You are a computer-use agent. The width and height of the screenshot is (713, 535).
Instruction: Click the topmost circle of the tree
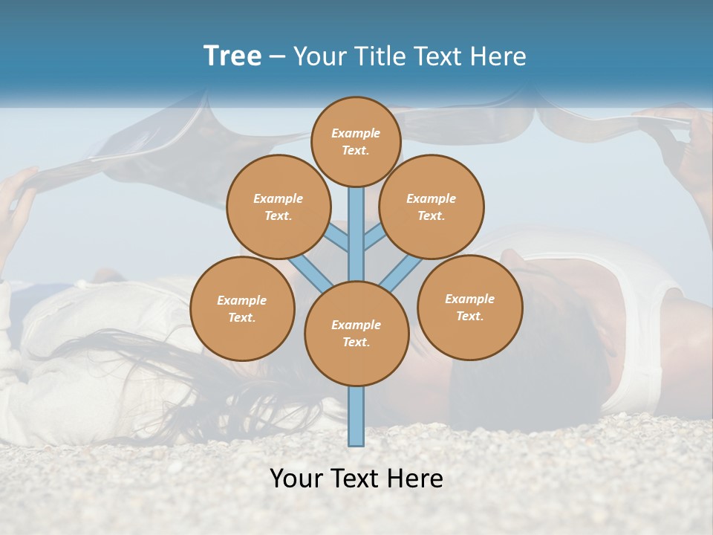pos(356,141)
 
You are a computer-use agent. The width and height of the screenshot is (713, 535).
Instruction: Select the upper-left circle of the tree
pos(278,207)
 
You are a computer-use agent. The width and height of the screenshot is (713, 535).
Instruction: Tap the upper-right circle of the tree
pos(431,207)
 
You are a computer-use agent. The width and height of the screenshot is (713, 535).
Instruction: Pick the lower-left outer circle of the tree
pos(242,308)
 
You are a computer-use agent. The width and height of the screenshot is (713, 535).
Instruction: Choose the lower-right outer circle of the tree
pos(469,307)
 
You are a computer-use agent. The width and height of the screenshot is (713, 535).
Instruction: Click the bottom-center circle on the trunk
pos(356,333)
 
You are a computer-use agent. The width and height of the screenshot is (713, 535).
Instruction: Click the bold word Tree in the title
pos(232,56)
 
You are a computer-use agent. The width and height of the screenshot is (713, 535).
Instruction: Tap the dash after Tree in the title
pos(277,57)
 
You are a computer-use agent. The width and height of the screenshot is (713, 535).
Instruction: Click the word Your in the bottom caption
pos(296,478)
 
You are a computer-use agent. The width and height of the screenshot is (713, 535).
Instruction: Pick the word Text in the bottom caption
pos(355,478)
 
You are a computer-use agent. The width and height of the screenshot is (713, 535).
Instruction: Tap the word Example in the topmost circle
pos(356,133)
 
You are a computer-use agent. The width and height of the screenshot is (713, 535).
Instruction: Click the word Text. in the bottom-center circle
pos(356,342)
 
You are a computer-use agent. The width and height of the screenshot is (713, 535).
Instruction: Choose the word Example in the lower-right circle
pos(469,299)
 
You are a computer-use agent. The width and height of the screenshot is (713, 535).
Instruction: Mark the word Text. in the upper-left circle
pos(278,215)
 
